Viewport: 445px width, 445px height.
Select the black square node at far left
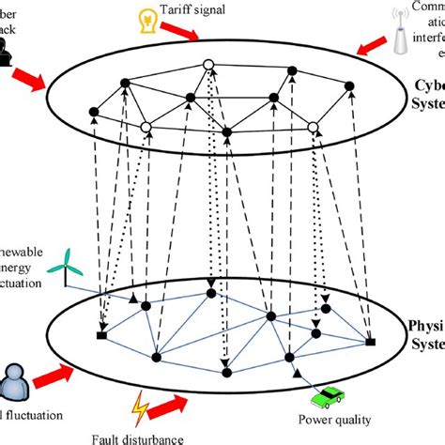point(100,335)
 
